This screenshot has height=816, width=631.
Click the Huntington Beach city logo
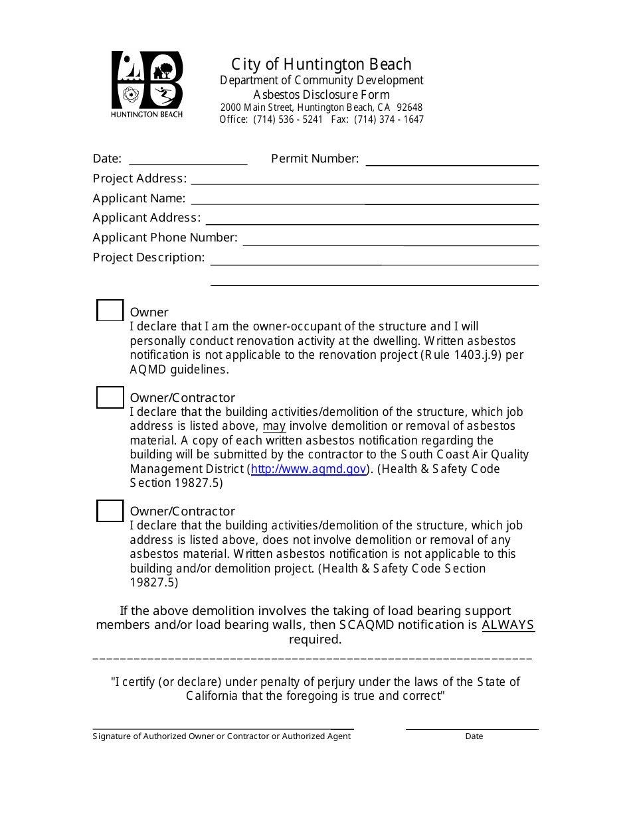[146, 84]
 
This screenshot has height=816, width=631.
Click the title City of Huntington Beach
[321, 64]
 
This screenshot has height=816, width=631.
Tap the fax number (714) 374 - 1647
[389, 119]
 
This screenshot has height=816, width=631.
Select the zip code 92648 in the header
[409, 107]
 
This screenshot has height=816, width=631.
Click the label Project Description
[149, 257]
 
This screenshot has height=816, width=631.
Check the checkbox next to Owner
[110, 310]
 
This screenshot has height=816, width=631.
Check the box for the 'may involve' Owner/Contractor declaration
[110, 397]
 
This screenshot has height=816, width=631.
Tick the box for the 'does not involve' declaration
[110, 511]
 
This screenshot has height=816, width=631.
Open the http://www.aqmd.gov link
[309, 469]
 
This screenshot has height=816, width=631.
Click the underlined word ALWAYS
[508, 625]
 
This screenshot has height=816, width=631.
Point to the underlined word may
[274, 426]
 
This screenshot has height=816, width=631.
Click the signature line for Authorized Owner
[223, 728]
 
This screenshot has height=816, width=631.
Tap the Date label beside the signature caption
[474, 736]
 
